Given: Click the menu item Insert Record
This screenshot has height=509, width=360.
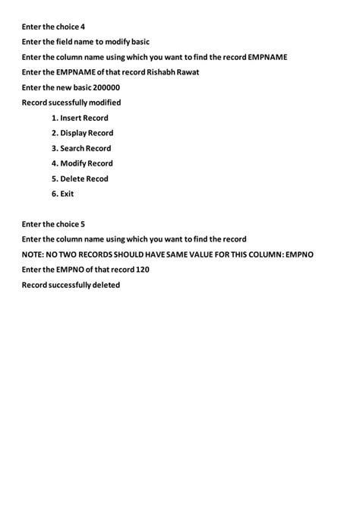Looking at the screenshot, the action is click(x=80, y=118).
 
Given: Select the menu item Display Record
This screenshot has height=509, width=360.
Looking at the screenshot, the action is click(x=82, y=133).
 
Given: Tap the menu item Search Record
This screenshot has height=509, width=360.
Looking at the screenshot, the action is click(x=81, y=148).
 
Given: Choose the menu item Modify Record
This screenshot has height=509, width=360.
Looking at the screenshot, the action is click(x=82, y=163).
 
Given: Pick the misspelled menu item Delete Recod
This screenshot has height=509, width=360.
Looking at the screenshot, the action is click(x=80, y=179).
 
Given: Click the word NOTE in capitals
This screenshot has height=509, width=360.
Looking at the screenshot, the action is click(x=34, y=254).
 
